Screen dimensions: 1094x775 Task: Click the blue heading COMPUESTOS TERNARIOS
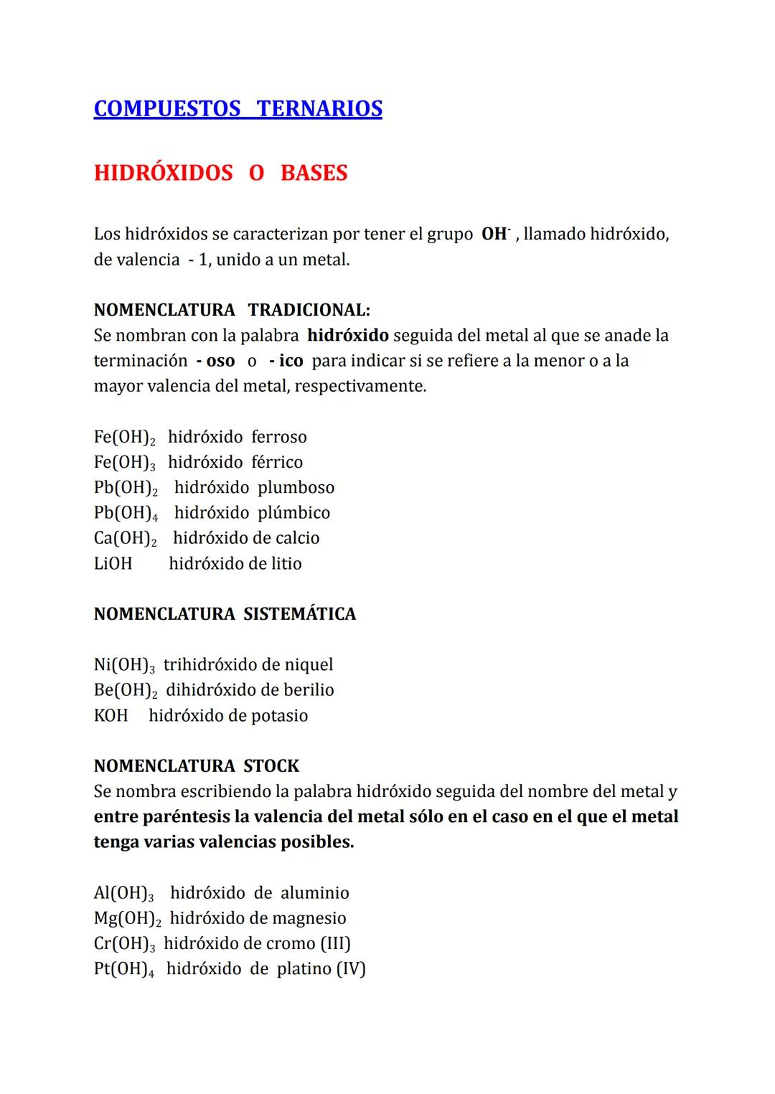238,108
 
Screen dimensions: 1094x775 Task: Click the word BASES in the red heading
314,173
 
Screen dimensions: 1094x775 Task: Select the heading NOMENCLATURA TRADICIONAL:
232,310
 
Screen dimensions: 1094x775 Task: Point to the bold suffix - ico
286,361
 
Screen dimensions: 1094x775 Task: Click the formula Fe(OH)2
125,438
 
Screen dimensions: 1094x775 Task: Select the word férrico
277,462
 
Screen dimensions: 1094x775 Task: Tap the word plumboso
296,488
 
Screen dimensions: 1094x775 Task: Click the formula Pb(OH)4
126,514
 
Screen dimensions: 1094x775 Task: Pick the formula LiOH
113,564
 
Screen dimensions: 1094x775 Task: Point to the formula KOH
111,716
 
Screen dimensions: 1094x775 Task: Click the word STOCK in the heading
271,766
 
